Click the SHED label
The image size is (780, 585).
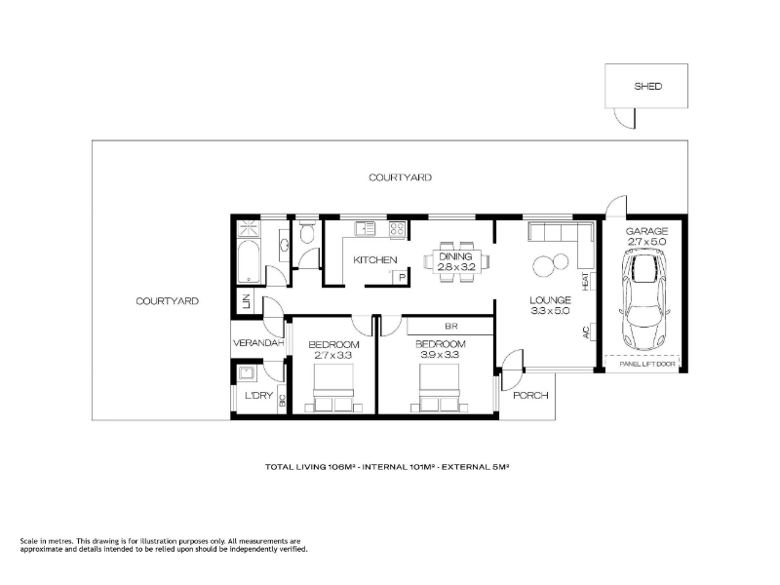pos(647,86)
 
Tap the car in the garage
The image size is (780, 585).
pos(644,300)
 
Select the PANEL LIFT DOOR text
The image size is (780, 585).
pos(647,364)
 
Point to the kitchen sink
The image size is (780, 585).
pos(365,228)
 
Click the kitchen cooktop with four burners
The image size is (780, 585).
pos(397,228)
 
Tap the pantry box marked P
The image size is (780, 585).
pos(401,277)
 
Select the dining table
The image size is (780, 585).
pos(456,261)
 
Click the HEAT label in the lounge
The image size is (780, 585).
pos(586,281)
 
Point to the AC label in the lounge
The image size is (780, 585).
pos(586,331)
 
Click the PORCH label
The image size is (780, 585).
pos(530,396)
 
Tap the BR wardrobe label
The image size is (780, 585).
pos(450,327)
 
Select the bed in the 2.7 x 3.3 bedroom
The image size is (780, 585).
pos(333,388)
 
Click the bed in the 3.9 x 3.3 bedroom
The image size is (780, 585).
pos(440,388)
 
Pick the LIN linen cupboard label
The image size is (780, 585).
pos(247,301)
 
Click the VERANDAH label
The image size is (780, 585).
pos(258,343)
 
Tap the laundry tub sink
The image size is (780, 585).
pos(246,372)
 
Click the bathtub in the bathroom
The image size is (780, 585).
pos(249,262)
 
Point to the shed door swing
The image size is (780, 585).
pos(625,117)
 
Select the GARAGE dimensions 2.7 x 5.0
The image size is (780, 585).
pos(646,242)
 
